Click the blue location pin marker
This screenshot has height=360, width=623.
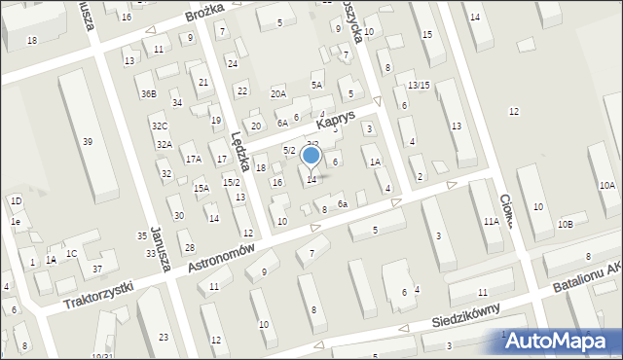[311, 156]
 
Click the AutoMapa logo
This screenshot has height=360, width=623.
[560, 340]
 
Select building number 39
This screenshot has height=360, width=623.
[88, 142]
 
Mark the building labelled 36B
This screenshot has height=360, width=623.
[148, 94]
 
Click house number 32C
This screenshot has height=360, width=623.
[160, 126]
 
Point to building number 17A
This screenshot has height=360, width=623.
[193, 159]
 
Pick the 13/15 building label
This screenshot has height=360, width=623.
[419, 86]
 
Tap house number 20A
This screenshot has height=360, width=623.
[278, 93]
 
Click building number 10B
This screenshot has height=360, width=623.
[565, 224]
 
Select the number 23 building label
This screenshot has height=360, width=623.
[164, 337]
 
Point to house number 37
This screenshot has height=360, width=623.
[96, 268]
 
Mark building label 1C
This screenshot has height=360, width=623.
[71, 254]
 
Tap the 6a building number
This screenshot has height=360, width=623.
[342, 203]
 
